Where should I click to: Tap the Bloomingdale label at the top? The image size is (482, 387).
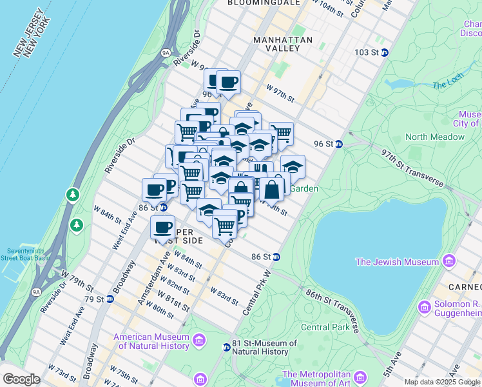click(x=264, y=3)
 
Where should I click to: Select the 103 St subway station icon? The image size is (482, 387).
click(x=385, y=52)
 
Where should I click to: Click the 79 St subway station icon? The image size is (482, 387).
click(x=110, y=299)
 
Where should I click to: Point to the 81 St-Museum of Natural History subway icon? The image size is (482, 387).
click(x=226, y=348)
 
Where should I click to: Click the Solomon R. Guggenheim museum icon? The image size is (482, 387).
click(x=425, y=308)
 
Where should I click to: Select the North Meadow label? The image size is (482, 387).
click(x=435, y=137)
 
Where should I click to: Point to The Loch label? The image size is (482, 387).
click(x=447, y=85)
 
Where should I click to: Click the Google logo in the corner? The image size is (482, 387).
click(x=22, y=379)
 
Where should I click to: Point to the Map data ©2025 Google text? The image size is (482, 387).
click(x=441, y=382)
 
